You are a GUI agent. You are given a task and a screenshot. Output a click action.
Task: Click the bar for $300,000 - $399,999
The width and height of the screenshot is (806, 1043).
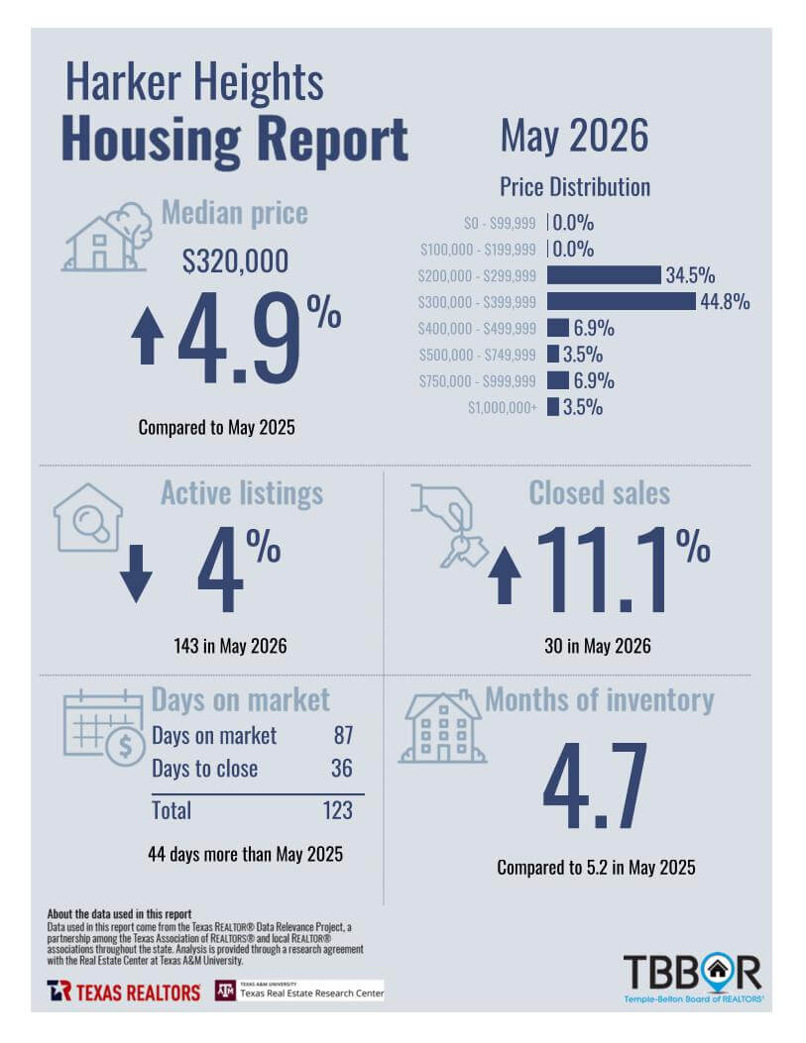point(621,301)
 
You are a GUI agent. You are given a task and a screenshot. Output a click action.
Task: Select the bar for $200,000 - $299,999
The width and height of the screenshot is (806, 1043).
point(605,274)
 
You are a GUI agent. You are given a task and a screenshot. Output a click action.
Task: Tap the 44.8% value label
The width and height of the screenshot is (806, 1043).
point(725,301)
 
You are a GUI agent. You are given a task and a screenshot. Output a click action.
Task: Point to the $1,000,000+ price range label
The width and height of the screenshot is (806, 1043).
point(502,407)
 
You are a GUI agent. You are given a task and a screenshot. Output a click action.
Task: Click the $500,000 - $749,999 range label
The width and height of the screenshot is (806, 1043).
point(477,355)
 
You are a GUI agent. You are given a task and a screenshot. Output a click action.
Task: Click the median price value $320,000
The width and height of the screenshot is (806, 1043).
point(236,261)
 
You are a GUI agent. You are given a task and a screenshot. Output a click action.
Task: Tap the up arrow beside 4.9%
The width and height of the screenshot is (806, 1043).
point(147,336)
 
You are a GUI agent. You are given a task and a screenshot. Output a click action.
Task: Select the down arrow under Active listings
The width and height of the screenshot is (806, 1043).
point(136,574)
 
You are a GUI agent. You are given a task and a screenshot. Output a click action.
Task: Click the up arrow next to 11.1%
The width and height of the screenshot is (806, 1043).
point(505,575)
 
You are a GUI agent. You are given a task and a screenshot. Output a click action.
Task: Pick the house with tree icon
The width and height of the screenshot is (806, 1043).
point(107,238)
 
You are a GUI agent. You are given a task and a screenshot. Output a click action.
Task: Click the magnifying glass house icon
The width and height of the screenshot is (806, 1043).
point(88,517)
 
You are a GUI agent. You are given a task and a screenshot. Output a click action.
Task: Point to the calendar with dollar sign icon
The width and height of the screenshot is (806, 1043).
point(104,728)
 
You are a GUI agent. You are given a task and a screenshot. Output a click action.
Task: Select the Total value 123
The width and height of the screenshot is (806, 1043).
point(337,810)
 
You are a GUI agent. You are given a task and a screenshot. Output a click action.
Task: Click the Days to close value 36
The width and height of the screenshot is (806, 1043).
point(342,769)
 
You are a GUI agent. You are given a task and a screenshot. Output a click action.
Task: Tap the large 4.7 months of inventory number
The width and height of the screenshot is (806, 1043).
point(595,786)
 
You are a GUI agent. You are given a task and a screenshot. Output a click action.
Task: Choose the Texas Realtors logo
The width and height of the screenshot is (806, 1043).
point(124,991)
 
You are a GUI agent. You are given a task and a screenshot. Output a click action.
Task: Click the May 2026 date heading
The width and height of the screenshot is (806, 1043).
point(574,136)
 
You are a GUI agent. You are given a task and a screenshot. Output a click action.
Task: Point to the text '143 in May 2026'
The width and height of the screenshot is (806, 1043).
point(230,646)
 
